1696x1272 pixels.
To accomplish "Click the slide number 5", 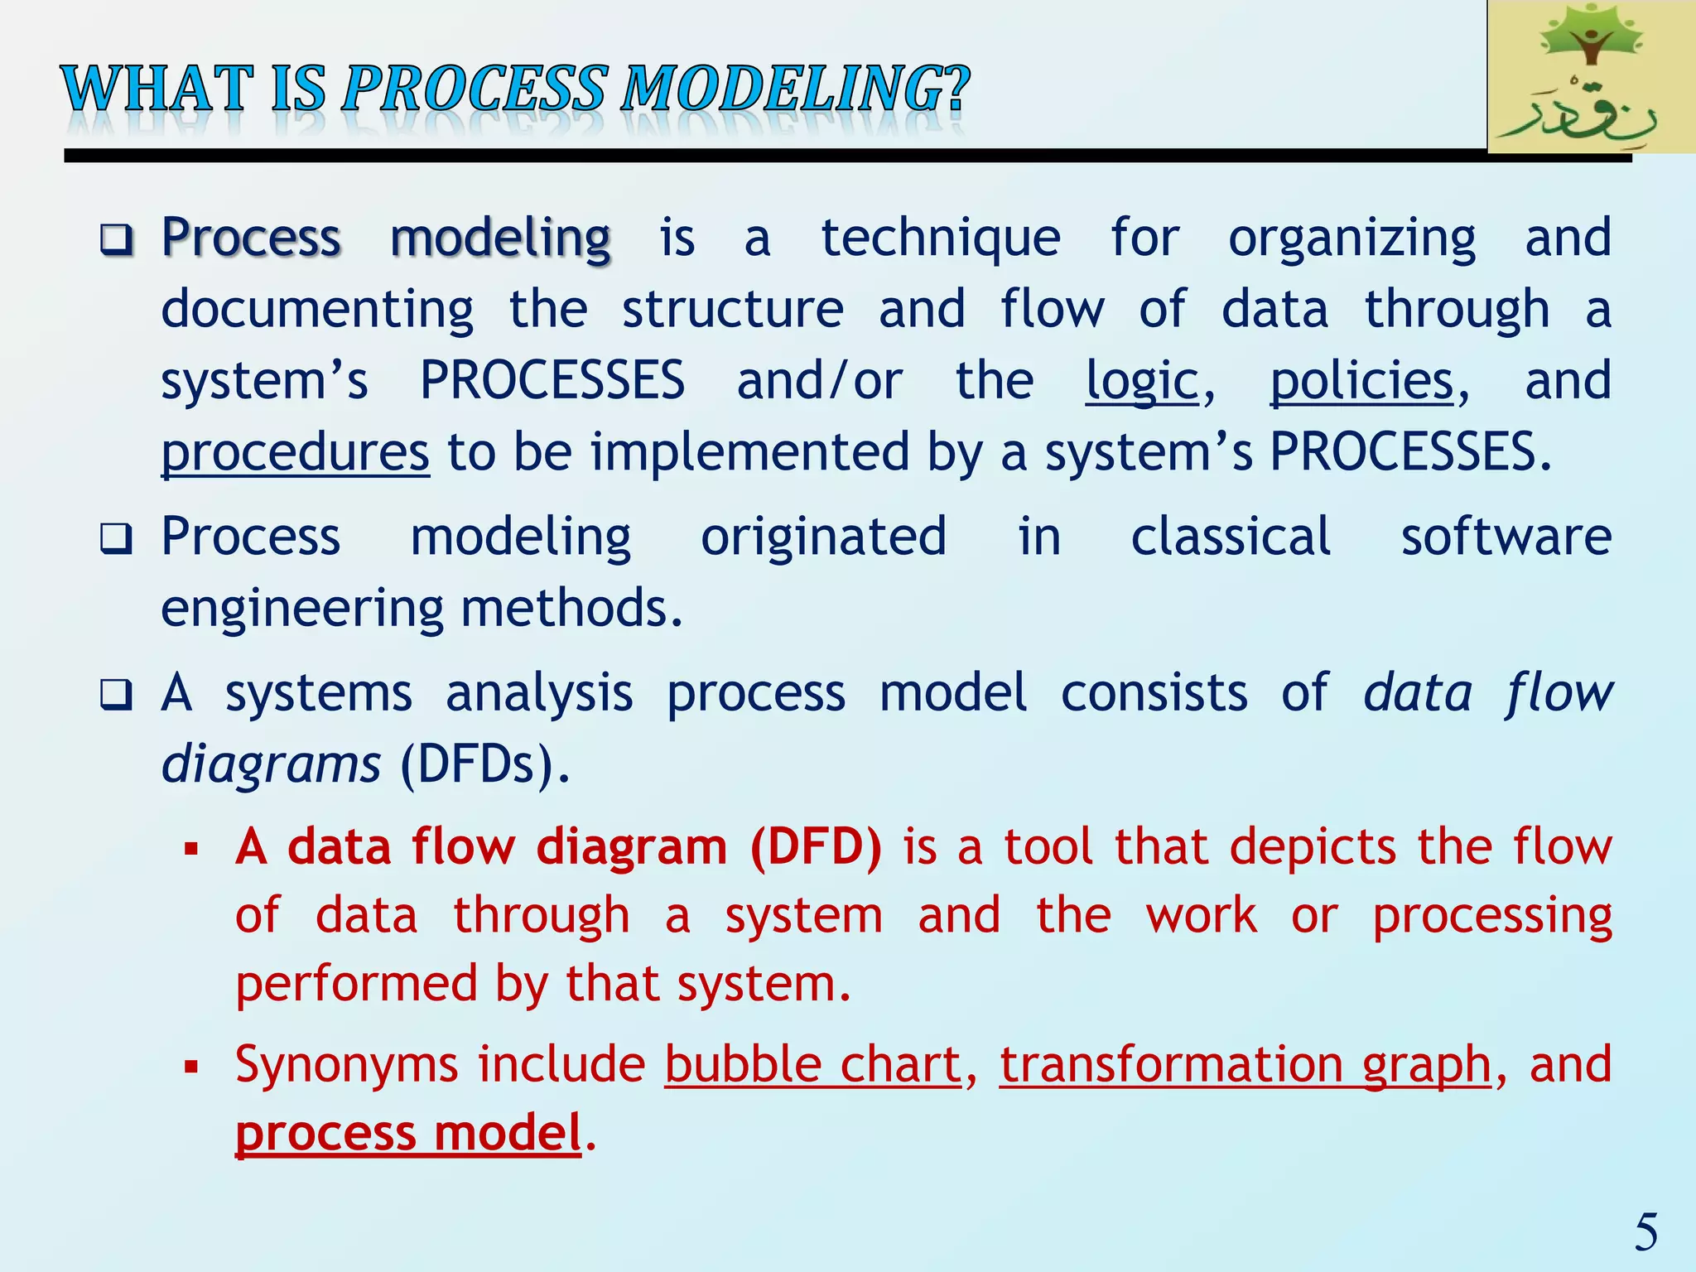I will (x=1645, y=1232).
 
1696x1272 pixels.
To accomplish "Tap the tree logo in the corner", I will (x=1590, y=76).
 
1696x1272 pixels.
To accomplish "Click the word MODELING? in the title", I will (x=795, y=89).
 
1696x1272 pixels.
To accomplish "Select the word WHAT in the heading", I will (x=157, y=89).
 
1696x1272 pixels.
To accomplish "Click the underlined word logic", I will (x=1142, y=382).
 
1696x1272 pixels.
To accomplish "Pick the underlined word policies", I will (x=1362, y=382).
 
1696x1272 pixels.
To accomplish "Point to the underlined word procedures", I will (x=295, y=453).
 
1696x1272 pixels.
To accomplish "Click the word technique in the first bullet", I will (x=940, y=238).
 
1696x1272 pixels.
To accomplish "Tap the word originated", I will (x=823, y=537).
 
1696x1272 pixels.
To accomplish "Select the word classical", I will (x=1231, y=537).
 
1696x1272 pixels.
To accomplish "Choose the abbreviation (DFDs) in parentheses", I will (x=484, y=764).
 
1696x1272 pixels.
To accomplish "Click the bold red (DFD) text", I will (x=816, y=847).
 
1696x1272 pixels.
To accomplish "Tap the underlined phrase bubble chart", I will (x=812, y=1064).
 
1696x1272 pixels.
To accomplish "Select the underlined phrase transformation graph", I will (x=1245, y=1064).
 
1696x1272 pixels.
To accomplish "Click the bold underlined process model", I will (x=408, y=1133).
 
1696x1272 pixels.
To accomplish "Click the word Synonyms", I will (x=346, y=1064).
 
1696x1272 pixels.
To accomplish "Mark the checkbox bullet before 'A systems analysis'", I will (x=116, y=695).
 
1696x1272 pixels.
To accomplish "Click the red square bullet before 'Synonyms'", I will (x=192, y=1067).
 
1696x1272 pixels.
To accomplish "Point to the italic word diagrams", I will (x=271, y=764).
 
